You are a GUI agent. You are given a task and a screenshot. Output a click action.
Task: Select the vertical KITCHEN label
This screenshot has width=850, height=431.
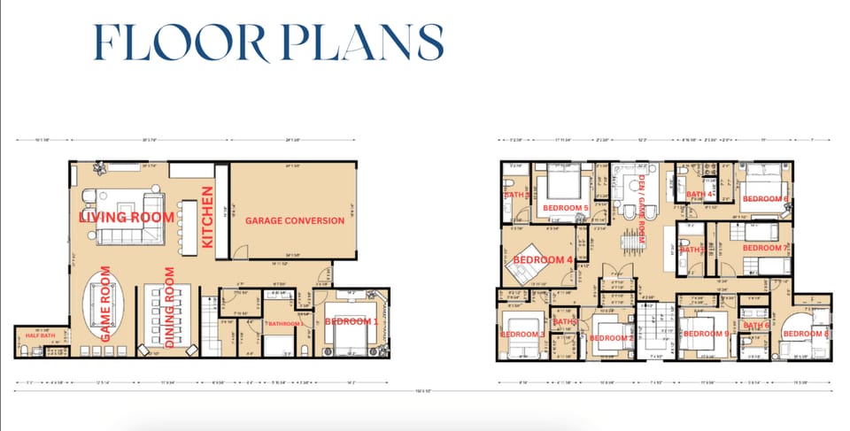point(210,217)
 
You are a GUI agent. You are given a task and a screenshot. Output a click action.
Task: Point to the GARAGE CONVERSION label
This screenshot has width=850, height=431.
point(294,220)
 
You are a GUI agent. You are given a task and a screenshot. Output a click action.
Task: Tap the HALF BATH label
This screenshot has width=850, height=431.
point(40,335)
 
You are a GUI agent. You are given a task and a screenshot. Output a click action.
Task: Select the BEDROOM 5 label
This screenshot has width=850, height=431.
point(565,208)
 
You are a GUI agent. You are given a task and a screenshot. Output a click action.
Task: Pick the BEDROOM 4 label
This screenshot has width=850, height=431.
point(540,259)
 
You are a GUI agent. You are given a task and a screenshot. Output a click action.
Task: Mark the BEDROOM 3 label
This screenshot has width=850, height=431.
point(522,335)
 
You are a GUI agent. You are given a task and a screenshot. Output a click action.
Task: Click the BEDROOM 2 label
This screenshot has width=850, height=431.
point(611,338)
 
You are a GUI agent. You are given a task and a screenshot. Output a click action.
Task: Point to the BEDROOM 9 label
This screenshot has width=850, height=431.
point(706,334)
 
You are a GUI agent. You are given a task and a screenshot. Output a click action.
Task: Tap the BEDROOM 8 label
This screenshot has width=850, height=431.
point(806,334)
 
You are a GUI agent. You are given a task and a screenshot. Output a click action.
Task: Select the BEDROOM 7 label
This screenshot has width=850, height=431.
point(763,248)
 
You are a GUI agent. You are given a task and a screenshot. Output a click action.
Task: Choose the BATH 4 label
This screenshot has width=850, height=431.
point(699,195)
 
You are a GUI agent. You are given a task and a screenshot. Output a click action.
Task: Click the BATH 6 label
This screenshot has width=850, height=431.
point(756,326)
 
